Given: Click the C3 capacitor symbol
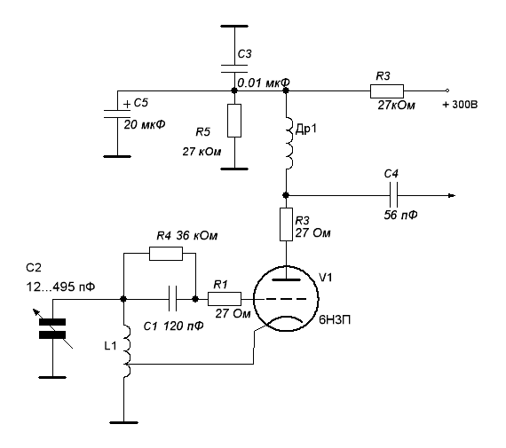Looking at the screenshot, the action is click(234, 68).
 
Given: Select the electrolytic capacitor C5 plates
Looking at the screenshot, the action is click(117, 114).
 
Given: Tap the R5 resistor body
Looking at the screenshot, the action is click(234, 121).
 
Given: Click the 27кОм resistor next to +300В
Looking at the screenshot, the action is click(386, 91).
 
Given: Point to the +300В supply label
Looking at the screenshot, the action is click(460, 105).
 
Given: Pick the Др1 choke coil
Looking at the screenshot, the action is click(289, 144).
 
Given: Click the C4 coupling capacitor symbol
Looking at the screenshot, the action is click(393, 195).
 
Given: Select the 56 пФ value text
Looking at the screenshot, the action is click(400, 215).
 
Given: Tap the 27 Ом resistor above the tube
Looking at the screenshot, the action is click(286, 224).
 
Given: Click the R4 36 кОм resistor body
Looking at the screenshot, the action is click(166, 254).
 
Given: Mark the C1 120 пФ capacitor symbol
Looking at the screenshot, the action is click(172, 299).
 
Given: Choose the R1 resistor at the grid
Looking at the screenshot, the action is click(225, 299).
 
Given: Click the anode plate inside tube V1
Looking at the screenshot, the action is click(286, 279).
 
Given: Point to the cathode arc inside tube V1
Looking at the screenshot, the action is click(286, 317).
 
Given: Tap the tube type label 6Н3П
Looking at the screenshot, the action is click(335, 319).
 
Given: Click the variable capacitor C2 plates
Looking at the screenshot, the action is click(52, 328).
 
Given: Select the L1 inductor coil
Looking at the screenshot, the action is click(126, 351).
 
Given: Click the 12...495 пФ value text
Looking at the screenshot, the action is click(60, 287).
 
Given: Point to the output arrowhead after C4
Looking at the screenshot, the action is click(452, 195).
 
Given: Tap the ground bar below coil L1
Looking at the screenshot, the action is click(124, 422).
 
